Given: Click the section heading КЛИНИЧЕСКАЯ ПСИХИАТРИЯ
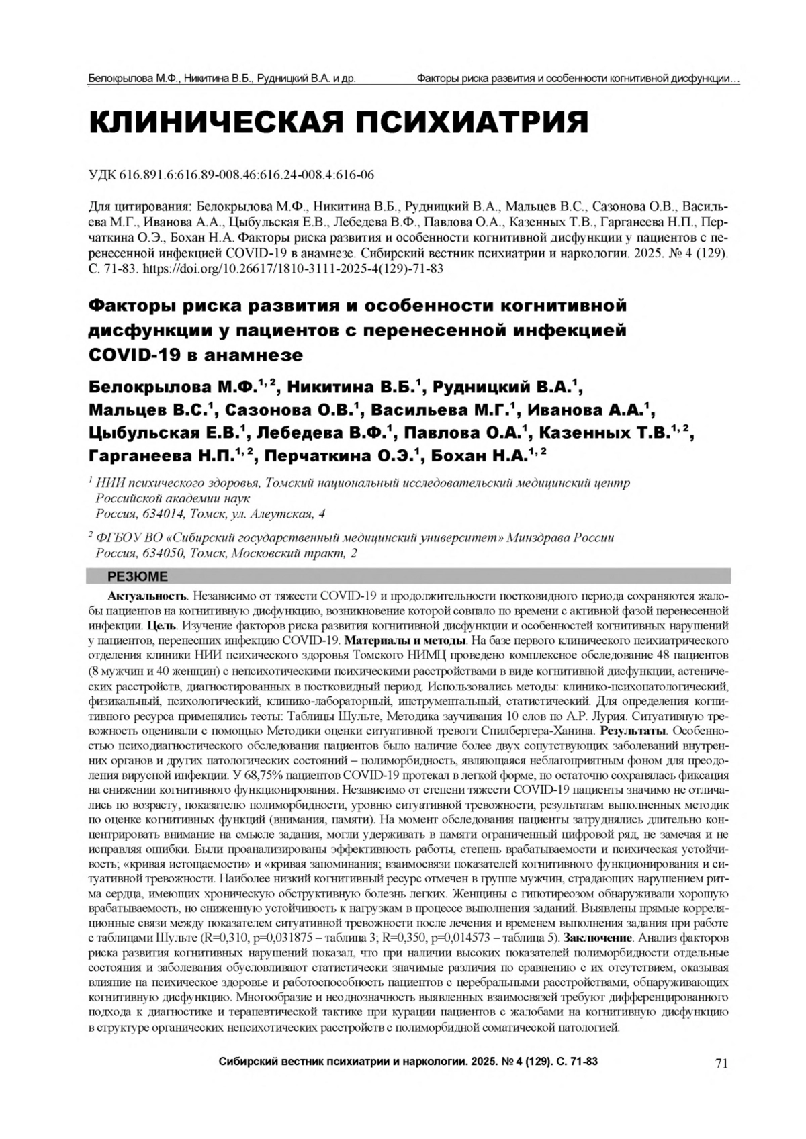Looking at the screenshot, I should click(339, 124).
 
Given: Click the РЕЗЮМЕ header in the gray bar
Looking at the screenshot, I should click(138, 577).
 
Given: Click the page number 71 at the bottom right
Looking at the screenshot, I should click(721, 1063).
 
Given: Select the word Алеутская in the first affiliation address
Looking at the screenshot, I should click(289, 514).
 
